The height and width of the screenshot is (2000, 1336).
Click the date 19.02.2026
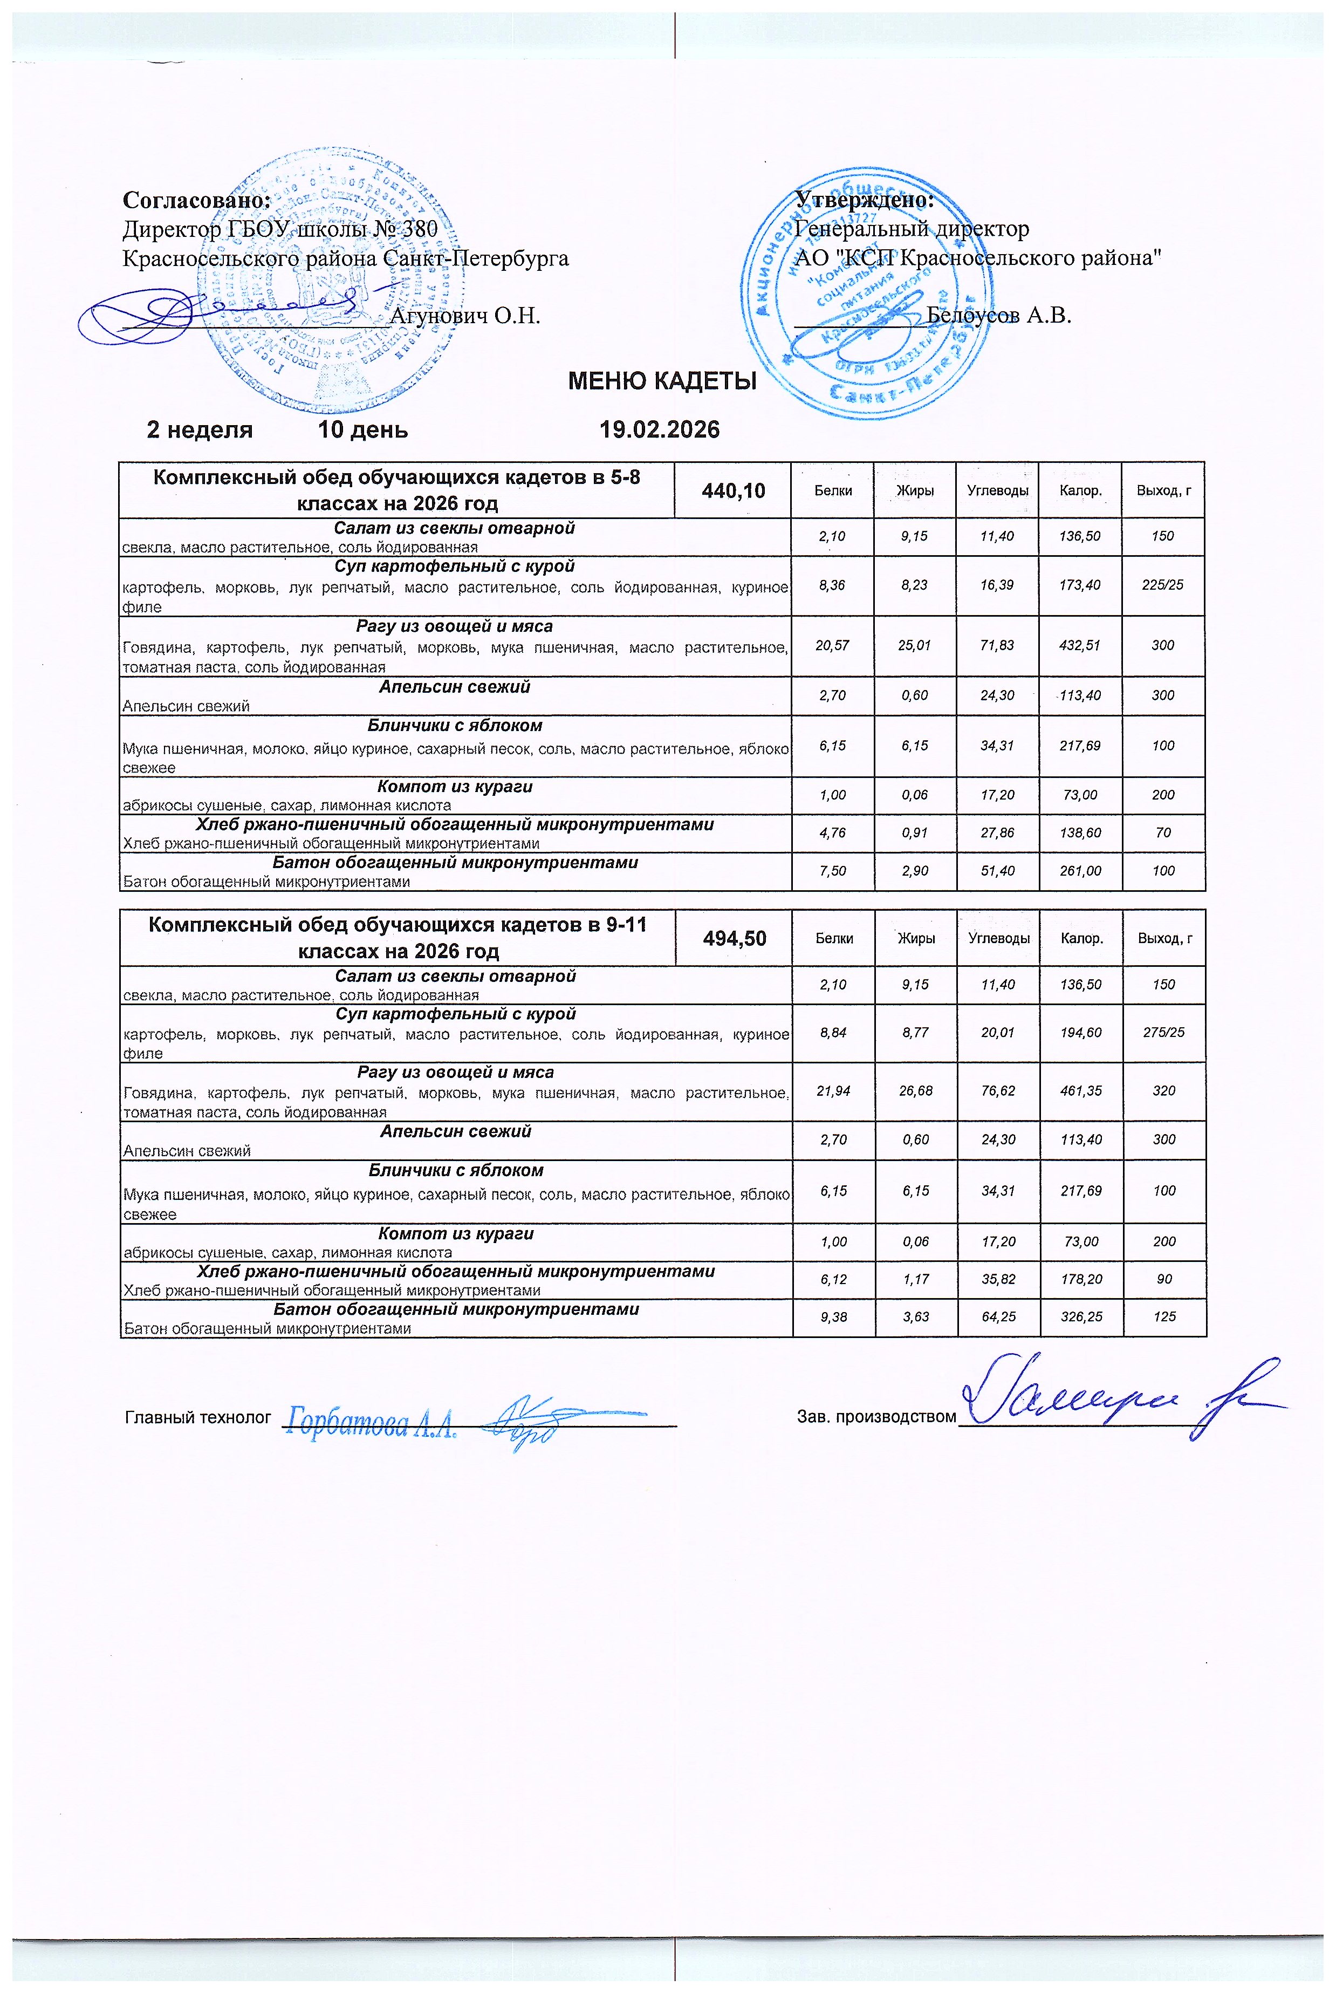click(660, 429)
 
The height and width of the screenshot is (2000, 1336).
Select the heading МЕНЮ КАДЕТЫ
click(662, 381)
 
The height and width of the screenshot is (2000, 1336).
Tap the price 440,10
click(733, 491)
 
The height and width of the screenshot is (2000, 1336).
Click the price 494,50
click(734, 938)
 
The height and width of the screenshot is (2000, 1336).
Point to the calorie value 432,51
click(1080, 645)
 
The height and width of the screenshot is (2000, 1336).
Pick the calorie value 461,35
click(1081, 1091)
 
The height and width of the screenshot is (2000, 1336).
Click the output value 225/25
click(1162, 585)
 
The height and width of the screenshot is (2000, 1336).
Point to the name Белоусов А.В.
click(998, 315)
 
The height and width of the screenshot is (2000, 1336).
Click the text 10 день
click(363, 429)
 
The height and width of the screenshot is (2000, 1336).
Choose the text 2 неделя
click(200, 429)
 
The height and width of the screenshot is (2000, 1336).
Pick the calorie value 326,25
click(1081, 1316)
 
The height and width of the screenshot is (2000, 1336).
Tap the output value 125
click(1164, 1316)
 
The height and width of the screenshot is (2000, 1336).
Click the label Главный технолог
click(197, 1417)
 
